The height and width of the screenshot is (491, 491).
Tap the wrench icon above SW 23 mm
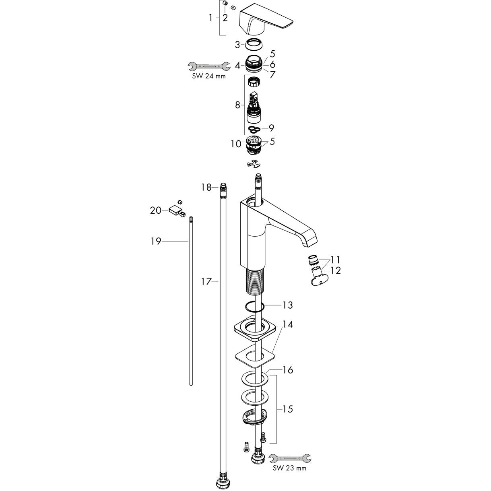tap(290, 458)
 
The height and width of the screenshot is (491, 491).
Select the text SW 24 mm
tap(209, 76)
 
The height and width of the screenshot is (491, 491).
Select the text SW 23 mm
tap(289, 468)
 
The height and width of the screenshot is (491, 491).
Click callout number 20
tap(155, 210)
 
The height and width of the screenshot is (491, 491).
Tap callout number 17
tap(206, 282)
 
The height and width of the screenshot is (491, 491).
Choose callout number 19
tap(156, 241)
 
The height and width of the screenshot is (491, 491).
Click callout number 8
tap(237, 105)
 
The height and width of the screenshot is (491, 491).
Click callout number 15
tap(287, 409)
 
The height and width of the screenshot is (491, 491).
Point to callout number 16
tap(287, 370)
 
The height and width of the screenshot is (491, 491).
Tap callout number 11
tap(335, 259)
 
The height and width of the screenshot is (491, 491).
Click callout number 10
tap(236, 143)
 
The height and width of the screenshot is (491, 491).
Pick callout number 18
tap(206, 187)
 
